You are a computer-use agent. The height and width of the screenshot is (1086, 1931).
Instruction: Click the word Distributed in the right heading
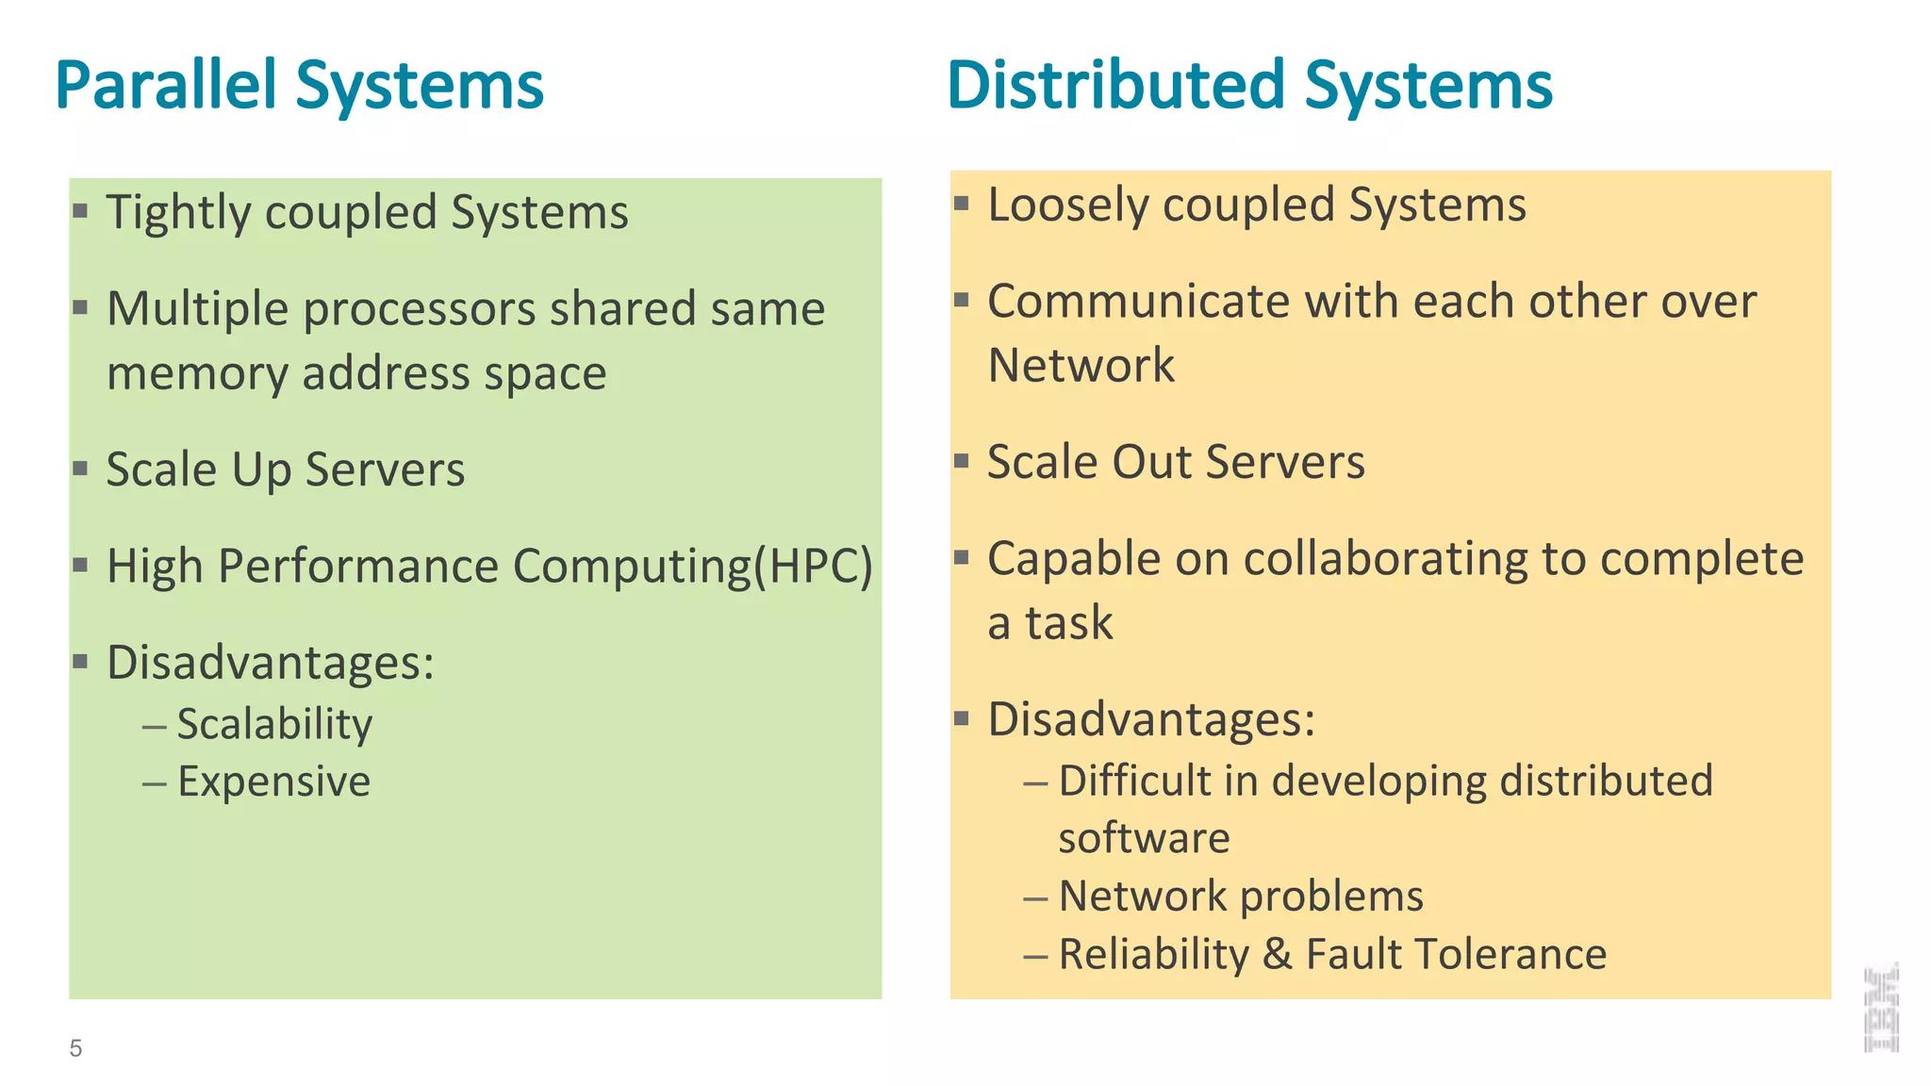1116,86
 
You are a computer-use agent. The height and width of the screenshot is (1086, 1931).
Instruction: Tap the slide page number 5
75,1048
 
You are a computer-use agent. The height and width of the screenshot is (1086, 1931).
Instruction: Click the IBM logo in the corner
1881,1007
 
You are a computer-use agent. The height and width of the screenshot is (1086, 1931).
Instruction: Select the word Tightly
178,212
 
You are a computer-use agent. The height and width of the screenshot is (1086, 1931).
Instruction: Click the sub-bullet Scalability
274,724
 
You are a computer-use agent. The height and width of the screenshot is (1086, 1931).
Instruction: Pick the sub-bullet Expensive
274,782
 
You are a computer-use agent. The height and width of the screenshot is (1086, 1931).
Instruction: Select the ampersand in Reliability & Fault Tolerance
1277,954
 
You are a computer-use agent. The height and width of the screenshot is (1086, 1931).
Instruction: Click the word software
1144,838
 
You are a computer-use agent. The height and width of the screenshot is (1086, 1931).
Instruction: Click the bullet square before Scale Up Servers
80,468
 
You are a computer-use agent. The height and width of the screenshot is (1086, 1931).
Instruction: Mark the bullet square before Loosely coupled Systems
961,203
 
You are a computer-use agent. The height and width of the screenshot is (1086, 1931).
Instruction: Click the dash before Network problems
1035,897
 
